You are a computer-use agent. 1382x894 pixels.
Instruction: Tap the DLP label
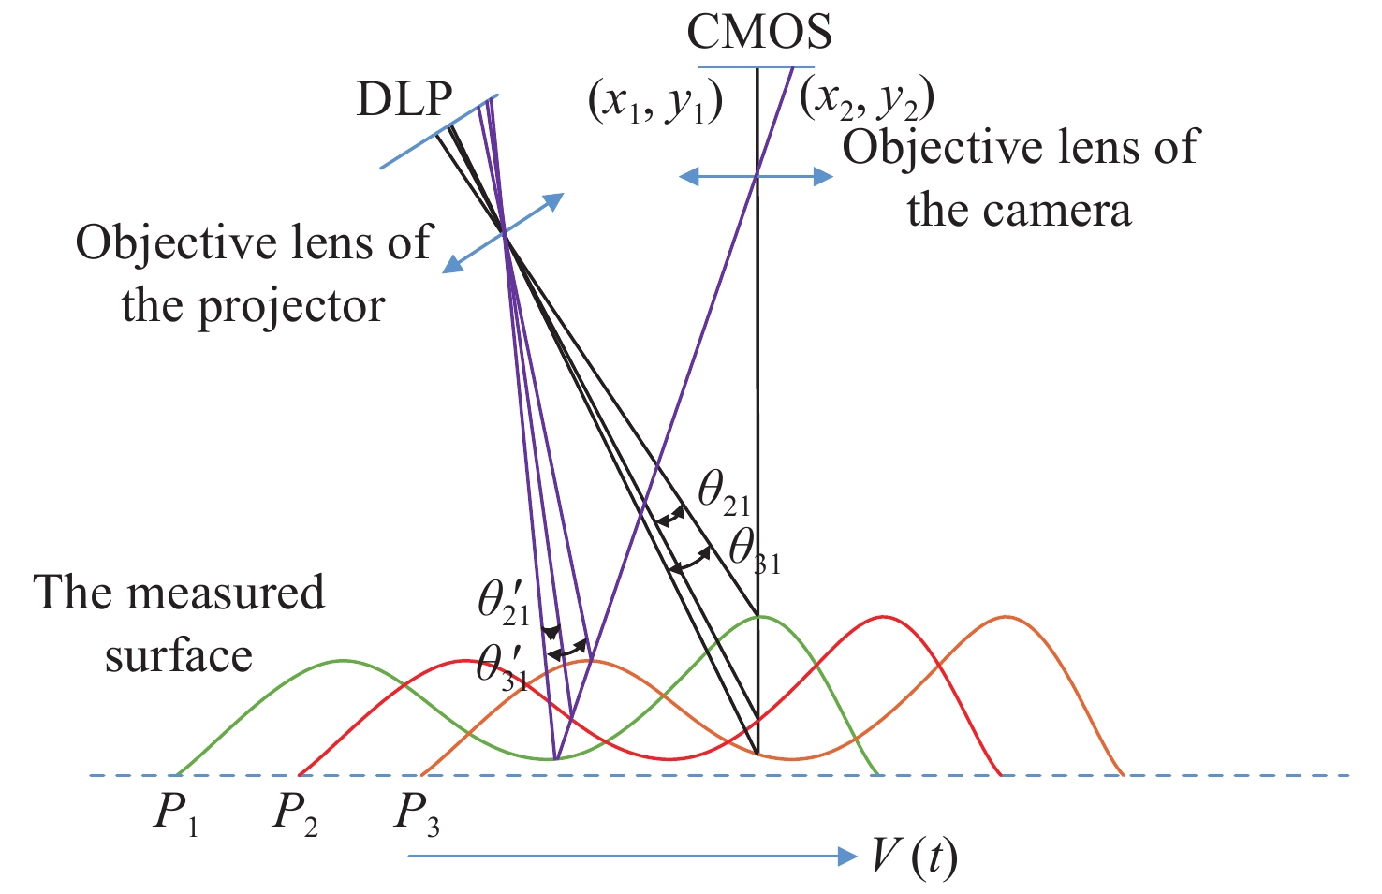(x=404, y=98)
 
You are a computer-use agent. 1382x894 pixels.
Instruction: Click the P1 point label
(x=176, y=813)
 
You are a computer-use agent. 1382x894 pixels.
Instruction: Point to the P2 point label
(x=295, y=813)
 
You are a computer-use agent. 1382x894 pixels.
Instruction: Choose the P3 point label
(x=416, y=813)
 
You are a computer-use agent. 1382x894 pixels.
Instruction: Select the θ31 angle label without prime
(x=755, y=550)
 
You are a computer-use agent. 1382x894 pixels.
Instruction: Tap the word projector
(x=291, y=307)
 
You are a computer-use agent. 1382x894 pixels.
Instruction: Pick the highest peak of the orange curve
(x=1007, y=617)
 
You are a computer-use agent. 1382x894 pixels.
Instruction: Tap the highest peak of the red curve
(x=882, y=617)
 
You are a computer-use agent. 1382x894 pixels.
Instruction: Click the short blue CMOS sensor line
(x=757, y=66)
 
